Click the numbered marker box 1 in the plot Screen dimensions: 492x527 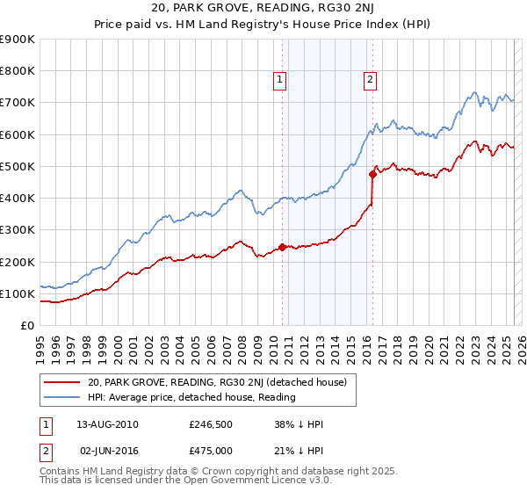tap(279, 80)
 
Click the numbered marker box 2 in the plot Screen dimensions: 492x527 tap(371, 80)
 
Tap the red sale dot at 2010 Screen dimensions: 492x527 tap(282, 247)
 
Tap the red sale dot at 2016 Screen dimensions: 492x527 tap(372, 174)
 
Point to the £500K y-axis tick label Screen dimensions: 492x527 tap(18, 166)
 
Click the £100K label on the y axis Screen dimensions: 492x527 tap(18, 293)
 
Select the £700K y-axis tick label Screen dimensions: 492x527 tap(18, 103)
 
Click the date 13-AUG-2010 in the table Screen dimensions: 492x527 tap(107, 424)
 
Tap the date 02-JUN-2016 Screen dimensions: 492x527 tap(107, 450)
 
